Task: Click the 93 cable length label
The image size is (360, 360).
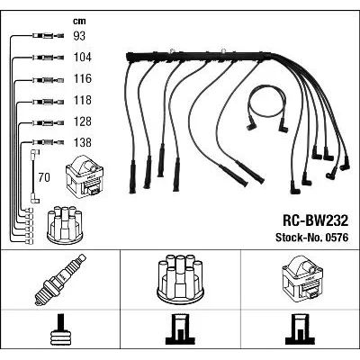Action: pos(79,36)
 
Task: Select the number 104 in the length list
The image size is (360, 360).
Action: pos(83,57)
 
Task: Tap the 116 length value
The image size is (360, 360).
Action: pos(83,78)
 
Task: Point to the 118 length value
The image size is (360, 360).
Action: pos(83,100)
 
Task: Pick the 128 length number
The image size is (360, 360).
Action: pos(83,121)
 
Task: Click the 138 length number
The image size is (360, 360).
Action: pos(83,142)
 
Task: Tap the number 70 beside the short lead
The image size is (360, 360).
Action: pos(44,177)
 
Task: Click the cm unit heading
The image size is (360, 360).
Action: pos(79,21)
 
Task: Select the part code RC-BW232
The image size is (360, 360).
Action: pos(315,220)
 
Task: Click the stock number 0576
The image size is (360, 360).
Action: pos(335,238)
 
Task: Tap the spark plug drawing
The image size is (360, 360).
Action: pos(60,280)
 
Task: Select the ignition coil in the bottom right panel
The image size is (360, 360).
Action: pos(302,277)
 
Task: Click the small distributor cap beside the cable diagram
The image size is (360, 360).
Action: pos(66,224)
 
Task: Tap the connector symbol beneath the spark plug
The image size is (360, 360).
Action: pos(60,330)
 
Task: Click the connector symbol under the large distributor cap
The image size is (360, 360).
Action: pos(180,329)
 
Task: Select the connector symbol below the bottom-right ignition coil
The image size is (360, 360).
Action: pos(301,329)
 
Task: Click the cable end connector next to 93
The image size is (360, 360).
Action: pos(48,36)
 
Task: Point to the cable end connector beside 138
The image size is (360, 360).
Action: pos(48,142)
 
